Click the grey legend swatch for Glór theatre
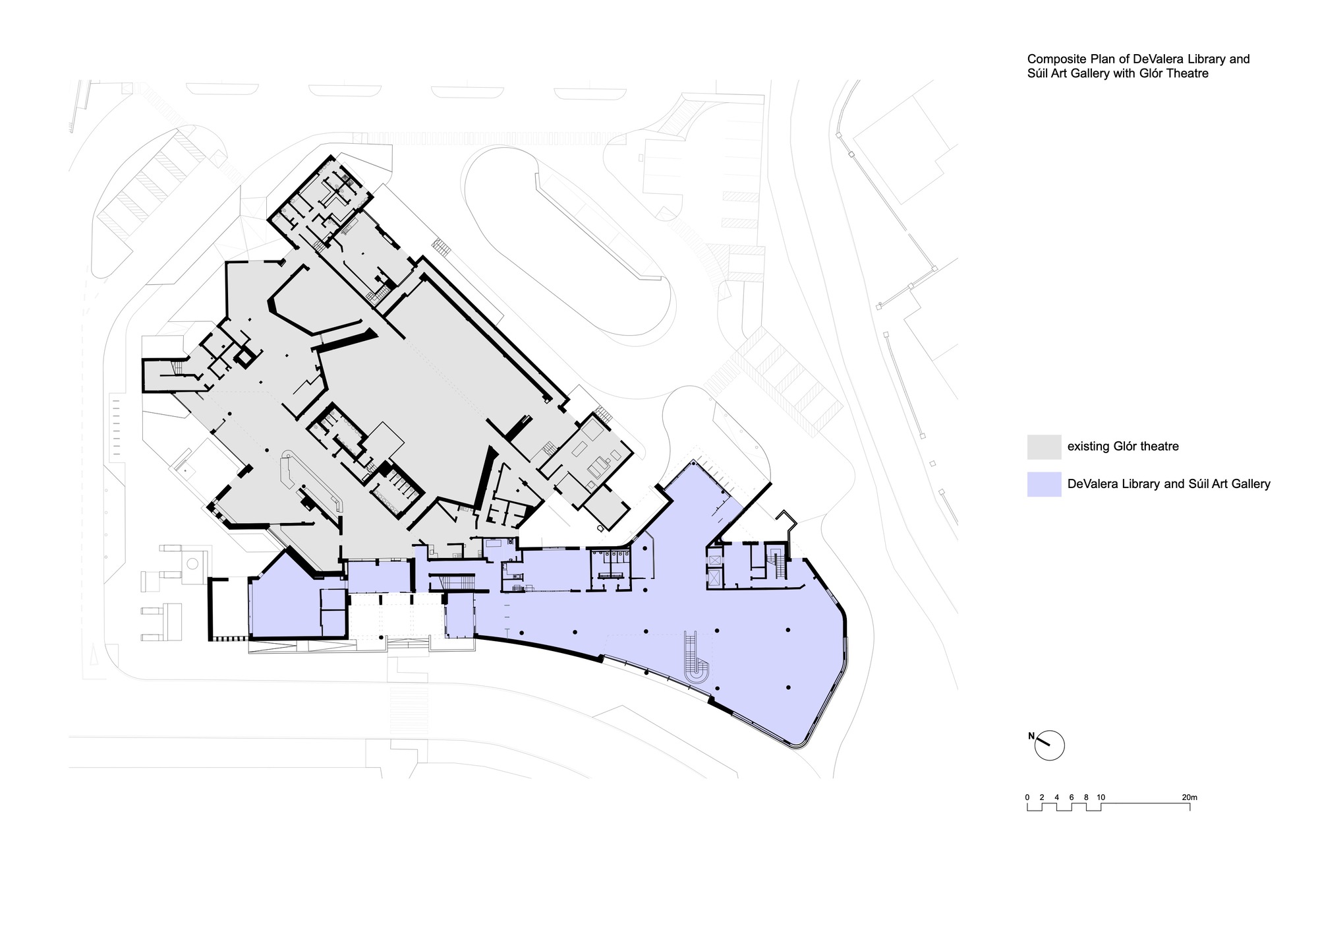pos(1044,447)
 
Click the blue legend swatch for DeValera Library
pos(1044,484)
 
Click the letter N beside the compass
pos(1031,735)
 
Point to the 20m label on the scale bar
pos(1189,797)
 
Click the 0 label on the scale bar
pos(1027,797)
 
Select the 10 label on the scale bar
pos(1101,797)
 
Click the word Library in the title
pos(1182,59)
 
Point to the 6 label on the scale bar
pos(1072,797)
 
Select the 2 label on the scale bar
pos(1042,797)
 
